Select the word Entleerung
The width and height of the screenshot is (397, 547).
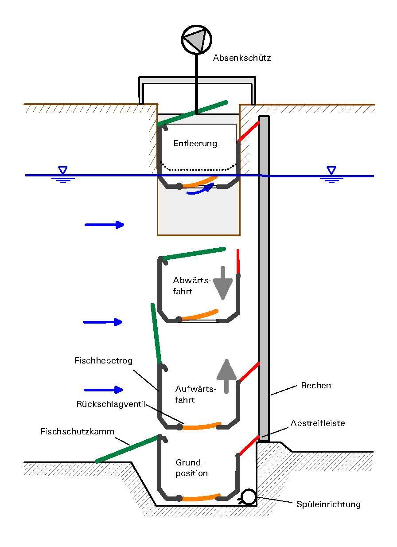click(195, 144)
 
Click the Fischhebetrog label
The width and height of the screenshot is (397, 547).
click(103, 361)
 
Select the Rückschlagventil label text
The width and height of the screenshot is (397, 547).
click(111, 404)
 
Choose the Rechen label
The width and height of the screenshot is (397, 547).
click(315, 386)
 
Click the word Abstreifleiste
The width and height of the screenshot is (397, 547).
click(317, 423)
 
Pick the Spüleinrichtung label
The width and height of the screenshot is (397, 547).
click(328, 504)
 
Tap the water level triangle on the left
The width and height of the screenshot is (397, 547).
click(63, 170)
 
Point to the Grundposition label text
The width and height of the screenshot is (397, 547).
click(191, 468)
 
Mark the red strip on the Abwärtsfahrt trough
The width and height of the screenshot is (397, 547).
click(238, 262)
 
